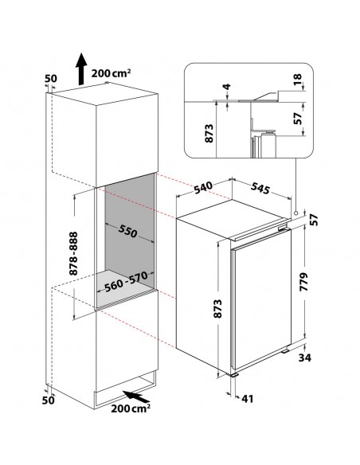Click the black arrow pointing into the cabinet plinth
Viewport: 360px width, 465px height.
tap(136, 397)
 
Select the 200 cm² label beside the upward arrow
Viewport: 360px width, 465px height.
tap(111, 73)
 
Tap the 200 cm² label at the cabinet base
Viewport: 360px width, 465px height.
tap(131, 408)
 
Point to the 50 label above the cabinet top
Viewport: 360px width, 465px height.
tap(50, 79)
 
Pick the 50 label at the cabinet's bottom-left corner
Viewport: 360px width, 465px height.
tap(48, 400)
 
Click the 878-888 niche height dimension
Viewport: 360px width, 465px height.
tap(73, 253)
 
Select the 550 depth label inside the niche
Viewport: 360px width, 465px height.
tap(128, 231)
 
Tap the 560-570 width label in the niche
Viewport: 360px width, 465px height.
tap(127, 281)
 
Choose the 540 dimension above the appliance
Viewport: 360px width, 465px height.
tap(204, 187)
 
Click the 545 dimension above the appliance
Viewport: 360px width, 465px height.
tap(260, 188)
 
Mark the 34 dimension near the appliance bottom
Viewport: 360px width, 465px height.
tap(304, 358)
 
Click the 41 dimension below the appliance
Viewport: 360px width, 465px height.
tap(248, 399)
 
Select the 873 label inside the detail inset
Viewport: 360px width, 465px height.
tap(209, 134)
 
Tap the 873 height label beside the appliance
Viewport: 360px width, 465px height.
tap(217, 309)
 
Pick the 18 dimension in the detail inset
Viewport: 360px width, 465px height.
tap(297, 79)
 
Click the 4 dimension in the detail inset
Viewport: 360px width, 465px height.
tap(227, 87)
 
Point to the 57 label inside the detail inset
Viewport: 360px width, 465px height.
tap(297, 119)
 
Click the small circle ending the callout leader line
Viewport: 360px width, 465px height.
tap(295, 213)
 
